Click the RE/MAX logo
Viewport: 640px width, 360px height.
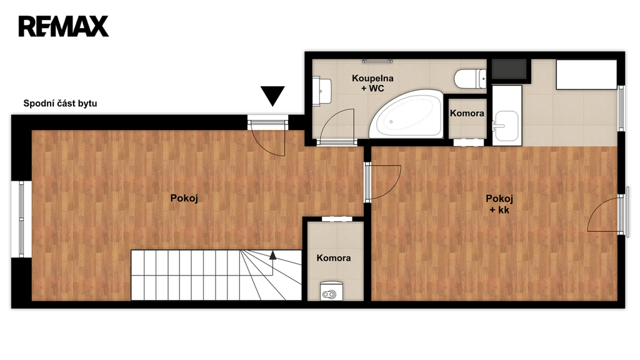(64, 26)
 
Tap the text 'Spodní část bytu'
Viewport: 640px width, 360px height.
(60, 103)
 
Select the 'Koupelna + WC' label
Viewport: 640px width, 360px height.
(372, 83)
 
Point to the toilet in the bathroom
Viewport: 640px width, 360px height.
(470, 79)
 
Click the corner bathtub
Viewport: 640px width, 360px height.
(406, 114)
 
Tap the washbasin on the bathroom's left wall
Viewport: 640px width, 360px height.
(322, 91)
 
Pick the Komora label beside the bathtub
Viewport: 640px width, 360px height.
(467, 113)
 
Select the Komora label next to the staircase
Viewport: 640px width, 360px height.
(334, 258)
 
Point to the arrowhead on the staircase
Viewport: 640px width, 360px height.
(272, 256)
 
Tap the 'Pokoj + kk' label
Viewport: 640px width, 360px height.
(499, 204)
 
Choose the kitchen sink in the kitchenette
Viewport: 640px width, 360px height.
(506, 126)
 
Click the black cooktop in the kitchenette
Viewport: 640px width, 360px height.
(509, 69)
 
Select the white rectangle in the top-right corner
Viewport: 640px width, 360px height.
(586, 74)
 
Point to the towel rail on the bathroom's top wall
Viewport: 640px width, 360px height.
(377, 61)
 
